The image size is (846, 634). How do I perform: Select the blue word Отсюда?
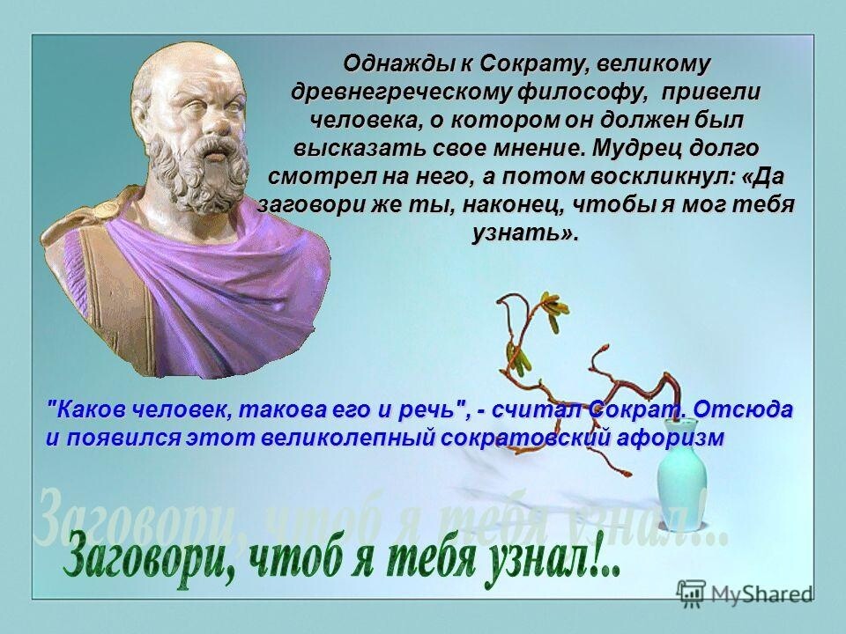(x=742, y=409)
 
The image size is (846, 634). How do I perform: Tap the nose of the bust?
(x=221, y=124)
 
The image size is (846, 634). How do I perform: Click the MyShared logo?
(x=745, y=593)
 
